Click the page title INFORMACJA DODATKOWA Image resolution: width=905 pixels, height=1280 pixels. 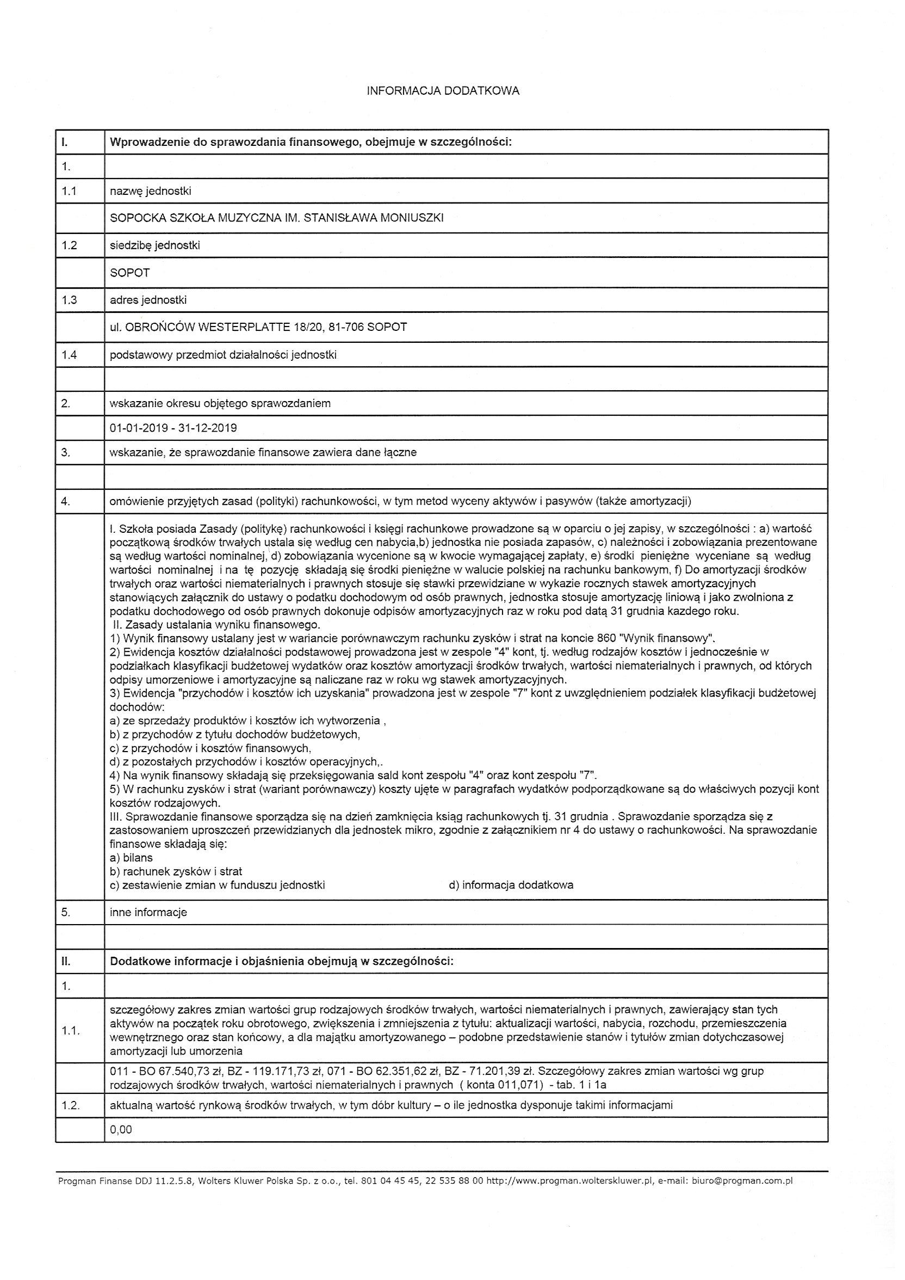tap(443, 91)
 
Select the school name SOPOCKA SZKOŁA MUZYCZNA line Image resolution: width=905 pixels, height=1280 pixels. tap(276, 218)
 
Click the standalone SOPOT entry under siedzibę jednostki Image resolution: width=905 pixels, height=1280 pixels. tap(130, 273)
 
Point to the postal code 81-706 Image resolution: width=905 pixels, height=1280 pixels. tap(346, 327)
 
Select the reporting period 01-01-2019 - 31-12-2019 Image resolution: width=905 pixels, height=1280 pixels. tap(173, 428)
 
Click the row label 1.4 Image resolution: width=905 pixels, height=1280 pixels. tap(69, 355)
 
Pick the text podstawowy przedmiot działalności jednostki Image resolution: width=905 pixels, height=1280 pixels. tap(223, 355)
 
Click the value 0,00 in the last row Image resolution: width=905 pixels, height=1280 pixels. tap(121, 1129)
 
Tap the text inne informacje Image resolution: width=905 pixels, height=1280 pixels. tap(148, 913)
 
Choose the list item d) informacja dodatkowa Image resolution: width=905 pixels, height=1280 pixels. tap(511, 885)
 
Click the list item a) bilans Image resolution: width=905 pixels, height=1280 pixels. tap(132, 858)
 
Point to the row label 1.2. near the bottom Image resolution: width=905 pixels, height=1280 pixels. tap(71, 1105)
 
